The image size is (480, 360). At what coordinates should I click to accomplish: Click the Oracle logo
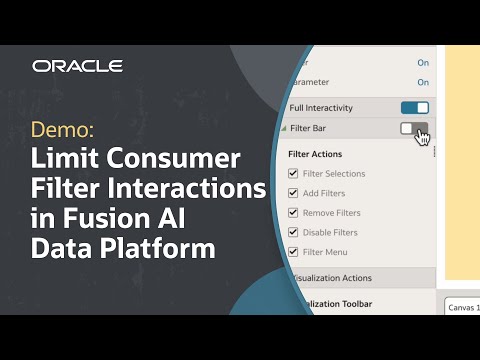77,66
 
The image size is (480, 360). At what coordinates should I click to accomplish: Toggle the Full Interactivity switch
414,108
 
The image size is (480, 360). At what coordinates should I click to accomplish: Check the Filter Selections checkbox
293,174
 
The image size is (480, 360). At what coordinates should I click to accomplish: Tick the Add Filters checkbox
293,193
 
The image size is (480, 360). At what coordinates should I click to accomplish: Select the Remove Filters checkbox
293,213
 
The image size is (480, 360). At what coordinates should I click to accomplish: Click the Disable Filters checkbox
293,232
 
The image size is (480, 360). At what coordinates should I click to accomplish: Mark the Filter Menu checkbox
293,252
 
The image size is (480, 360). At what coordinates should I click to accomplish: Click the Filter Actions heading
315,154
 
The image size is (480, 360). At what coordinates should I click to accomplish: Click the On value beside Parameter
423,82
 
